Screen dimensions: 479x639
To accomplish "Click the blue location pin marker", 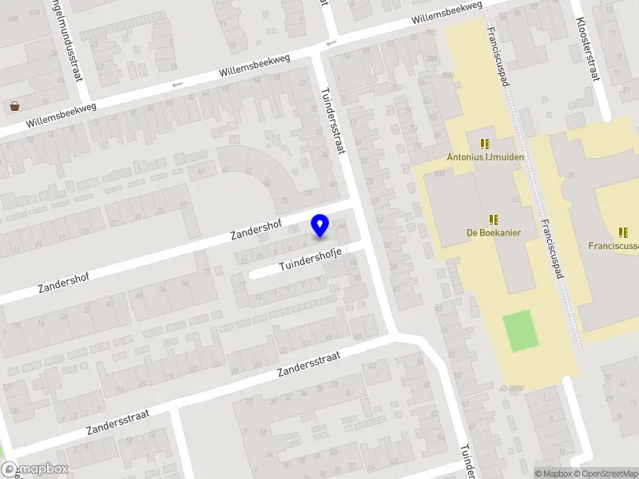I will [x=319, y=226].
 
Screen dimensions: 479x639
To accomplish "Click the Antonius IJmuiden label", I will [x=486, y=157].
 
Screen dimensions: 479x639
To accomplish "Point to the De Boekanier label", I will [x=494, y=233].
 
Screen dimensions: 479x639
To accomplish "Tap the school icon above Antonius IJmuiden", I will [x=485, y=144].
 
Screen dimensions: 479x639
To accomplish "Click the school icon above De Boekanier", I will [x=493, y=219].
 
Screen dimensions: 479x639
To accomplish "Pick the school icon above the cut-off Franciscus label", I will [x=623, y=233].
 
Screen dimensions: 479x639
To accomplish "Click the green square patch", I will [x=521, y=331].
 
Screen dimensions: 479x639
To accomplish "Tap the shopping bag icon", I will [x=14, y=106].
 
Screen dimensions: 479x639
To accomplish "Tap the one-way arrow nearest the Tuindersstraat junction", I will [x=331, y=43].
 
